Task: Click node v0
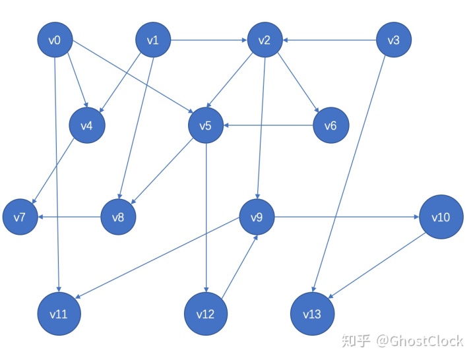pyautogui.click(x=55, y=41)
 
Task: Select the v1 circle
pyautogui.click(x=153, y=41)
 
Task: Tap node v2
pyautogui.click(x=265, y=41)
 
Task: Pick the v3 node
pyautogui.click(x=393, y=41)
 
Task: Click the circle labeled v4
pyautogui.click(x=87, y=125)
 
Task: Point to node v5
pyautogui.click(x=205, y=125)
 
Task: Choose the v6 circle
pyautogui.click(x=331, y=125)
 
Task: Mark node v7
pyautogui.click(x=20, y=216)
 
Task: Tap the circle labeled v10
pyautogui.click(x=441, y=216)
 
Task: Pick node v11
pyautogui.click(x=59, y=313)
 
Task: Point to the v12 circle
pyautogui.click(x=206, y=313)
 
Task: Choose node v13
pyautogui.click(x=312, y=313)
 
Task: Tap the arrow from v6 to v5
pyautogui.click(x=267, y=125)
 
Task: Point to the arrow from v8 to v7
pyautogui.click(x=69, y=216)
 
